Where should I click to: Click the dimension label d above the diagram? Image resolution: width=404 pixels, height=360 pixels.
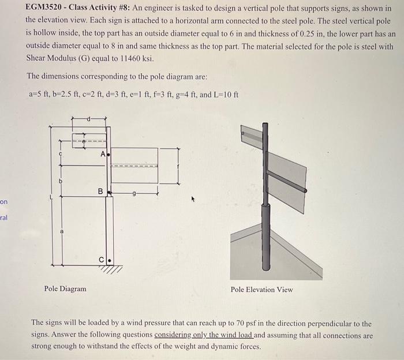(x=89, y=119)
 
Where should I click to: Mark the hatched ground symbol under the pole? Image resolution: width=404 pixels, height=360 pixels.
(x=114, y=269)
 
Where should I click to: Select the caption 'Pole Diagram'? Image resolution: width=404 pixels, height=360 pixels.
(x=65, y=288)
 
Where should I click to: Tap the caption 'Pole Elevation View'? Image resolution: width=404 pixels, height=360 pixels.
(x=261, y=289)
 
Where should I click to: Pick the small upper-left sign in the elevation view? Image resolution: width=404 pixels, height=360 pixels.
(x=252, y=137)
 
